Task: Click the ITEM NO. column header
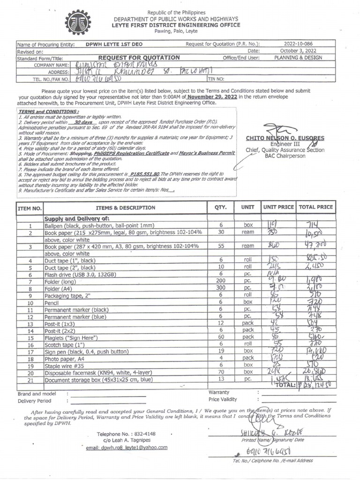tap(30, 208)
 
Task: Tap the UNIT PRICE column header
tap(278, 207)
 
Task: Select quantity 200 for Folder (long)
tap(220, 281)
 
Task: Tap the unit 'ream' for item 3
tap(247, 246)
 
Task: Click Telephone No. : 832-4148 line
tap(126, 434)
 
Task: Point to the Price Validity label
tap(223, 399)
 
